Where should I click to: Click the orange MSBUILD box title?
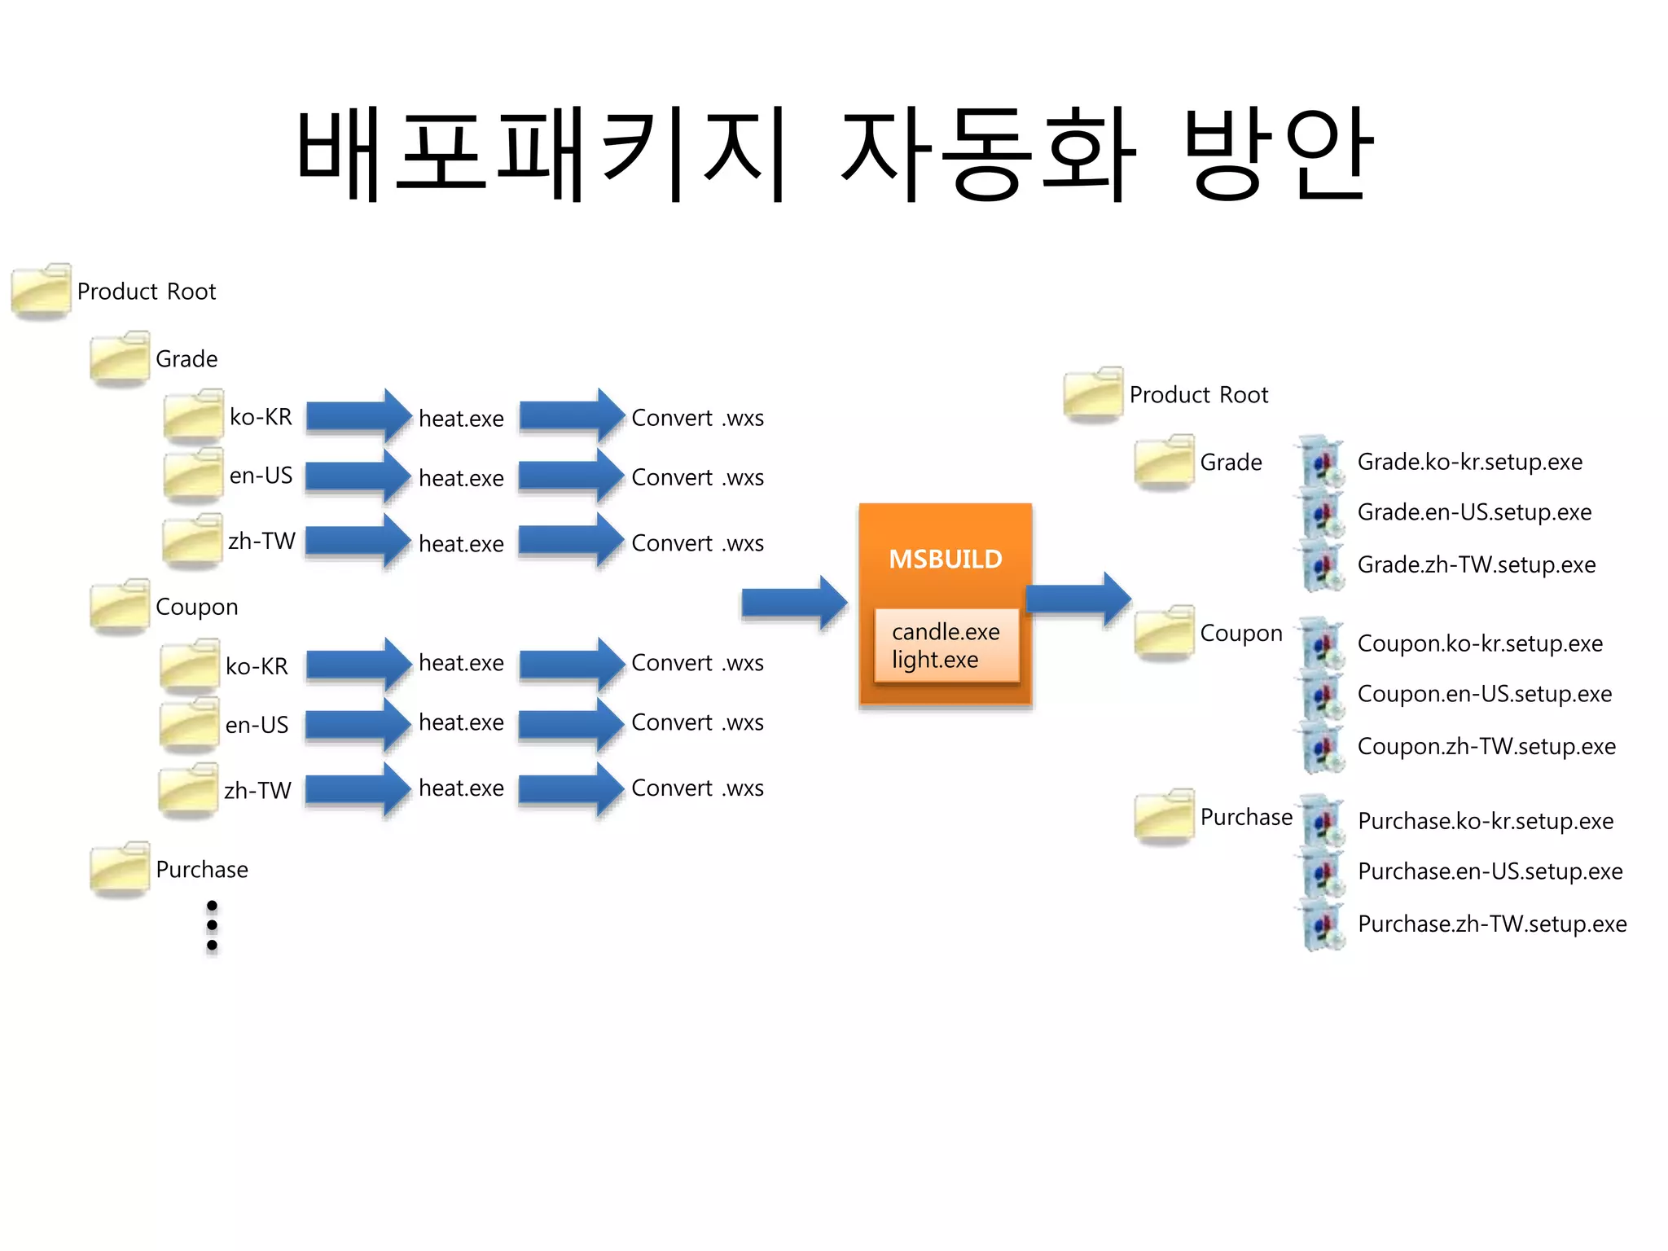[945, 559]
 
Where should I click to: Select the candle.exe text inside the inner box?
[945, 632]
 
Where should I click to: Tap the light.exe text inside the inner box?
[934, 660]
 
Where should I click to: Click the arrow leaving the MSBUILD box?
[1078, 599]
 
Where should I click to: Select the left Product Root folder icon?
[41, 290]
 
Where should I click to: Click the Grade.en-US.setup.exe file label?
[1473, 512]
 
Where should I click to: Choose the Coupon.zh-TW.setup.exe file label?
[1486, 746]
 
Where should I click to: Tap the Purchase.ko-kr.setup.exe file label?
[1485, 821]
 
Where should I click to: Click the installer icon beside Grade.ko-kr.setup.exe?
[1321, 462]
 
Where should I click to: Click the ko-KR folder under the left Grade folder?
[193, 415]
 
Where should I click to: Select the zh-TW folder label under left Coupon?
[257, 790]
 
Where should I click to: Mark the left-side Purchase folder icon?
[120, 868]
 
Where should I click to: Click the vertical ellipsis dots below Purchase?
[212, 925]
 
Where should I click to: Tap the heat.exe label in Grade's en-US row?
[461, 478]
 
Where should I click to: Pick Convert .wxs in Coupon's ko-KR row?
[697, 663]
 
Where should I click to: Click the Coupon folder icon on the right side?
[1164, 632]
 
